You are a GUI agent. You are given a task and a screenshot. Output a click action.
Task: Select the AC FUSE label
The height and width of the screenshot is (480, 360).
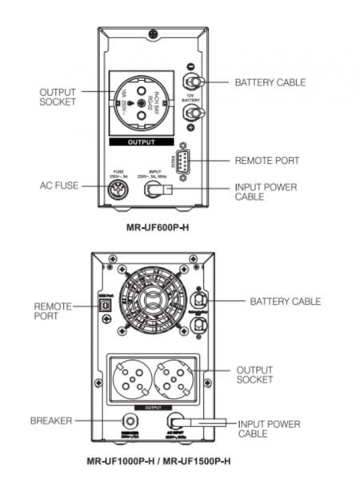click(60, 186)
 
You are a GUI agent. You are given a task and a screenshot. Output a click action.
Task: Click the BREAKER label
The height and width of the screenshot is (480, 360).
click(51, 419)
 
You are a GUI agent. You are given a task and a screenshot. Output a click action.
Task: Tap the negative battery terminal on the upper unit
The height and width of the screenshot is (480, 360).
click(192, 82)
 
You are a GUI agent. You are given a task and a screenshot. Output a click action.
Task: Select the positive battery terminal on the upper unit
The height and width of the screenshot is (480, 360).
click(192, 114)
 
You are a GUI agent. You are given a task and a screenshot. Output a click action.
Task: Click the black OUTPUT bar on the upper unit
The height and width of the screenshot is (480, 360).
click(146, 142)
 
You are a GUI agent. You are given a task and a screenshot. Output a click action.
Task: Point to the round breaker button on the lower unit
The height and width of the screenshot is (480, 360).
click(126, 419)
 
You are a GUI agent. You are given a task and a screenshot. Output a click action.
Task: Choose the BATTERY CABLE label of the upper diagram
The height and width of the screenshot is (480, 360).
click(270, 82)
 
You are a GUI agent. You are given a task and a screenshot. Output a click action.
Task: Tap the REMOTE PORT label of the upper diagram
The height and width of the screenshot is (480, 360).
click(266, 161)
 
